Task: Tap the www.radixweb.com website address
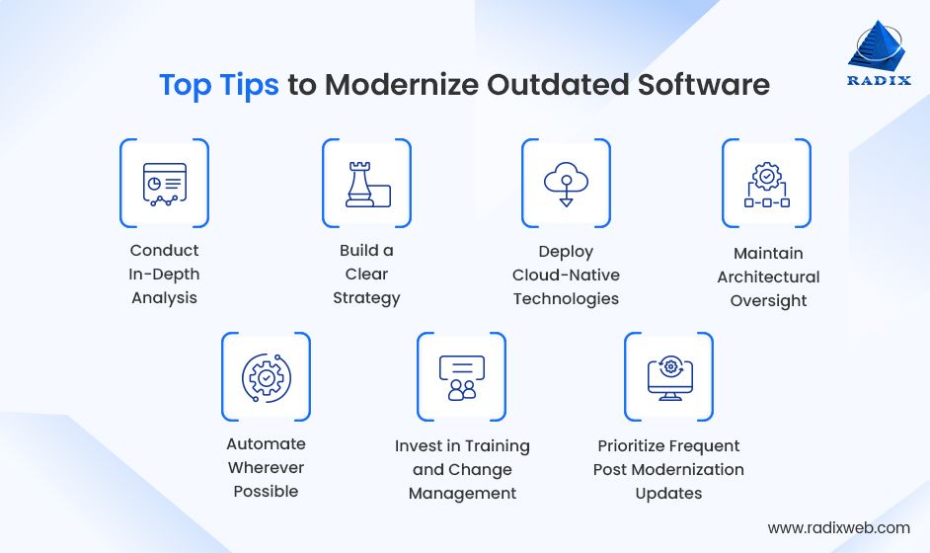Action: tap(838, 528)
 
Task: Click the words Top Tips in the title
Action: tap(219, 85)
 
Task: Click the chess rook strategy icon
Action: tap(366, 184)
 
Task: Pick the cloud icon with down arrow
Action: tap(566, 184)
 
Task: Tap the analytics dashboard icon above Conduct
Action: tap(164, 184)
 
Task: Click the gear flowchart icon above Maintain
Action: tap(766, 184)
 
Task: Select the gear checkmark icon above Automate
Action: tap(266, 376)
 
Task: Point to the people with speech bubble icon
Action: tap(461, 376)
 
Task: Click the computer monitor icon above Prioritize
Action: tap(668, 376)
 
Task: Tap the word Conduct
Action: tap(165, 251)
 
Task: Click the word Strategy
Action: tap(366, 298)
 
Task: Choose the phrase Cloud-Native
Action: tap(566, 275)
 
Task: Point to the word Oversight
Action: tap(768, 301)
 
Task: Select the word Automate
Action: tap(266, 444)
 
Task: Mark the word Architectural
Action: tap(768, 277)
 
